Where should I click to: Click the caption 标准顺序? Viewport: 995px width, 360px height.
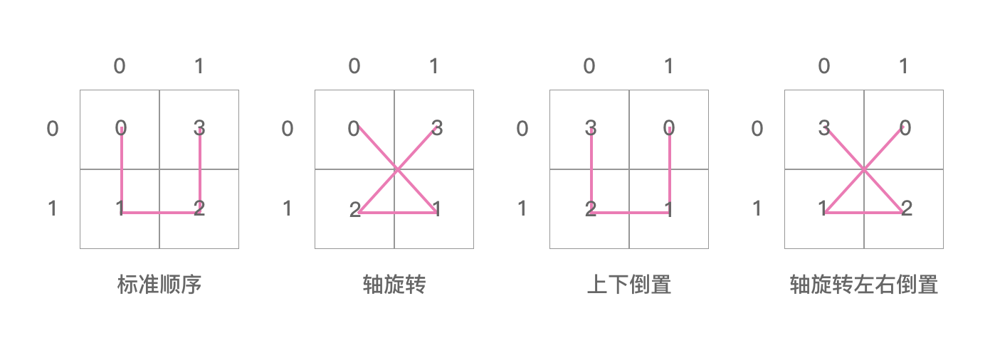pos(159,285)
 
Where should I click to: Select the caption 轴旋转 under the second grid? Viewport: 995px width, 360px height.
pos(394,285)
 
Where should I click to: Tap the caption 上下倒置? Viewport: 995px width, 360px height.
pos(628,285)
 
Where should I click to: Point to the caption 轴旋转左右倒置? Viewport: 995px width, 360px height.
pos(863,285)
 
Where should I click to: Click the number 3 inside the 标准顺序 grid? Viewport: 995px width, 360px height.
pos(199,129)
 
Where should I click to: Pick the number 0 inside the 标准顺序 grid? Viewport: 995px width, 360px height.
pos(120,129)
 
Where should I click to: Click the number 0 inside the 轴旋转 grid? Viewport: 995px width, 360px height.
pos(354,129)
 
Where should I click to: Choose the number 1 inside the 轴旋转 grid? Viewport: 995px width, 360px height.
pos(436,209)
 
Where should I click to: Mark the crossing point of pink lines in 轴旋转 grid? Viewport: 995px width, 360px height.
pos(396,169)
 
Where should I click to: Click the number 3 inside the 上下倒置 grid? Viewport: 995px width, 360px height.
pos(590,129)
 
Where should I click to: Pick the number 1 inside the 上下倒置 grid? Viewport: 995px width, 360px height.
pos(668,209)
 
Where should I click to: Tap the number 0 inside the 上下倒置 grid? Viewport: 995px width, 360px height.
pos(668,129)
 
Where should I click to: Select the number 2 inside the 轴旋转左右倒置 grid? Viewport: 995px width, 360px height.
pos(906,209)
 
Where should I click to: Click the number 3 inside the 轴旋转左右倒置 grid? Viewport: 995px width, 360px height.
pos(823,129)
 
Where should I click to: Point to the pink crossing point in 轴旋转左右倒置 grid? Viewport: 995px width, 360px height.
pos(864,169)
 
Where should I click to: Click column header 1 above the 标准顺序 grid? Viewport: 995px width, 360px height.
pos(199,66)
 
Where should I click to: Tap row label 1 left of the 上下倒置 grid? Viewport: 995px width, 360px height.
pos(522,208)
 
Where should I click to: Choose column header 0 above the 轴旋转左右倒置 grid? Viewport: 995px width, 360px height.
pos(823,66)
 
